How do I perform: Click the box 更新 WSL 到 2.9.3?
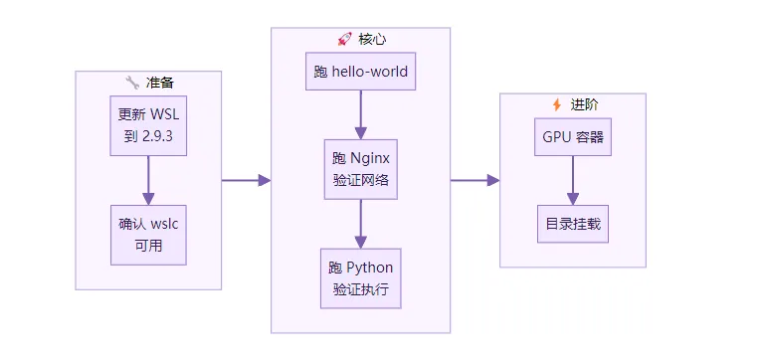pos(148,125)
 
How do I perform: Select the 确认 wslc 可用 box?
pos(148,235)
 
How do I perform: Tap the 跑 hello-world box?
pos(361,72)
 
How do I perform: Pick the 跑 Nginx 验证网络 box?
pos(361,169)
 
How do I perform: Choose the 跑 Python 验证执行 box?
pos(361,278)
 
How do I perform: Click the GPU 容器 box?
pos(573,136)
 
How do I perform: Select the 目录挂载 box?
pos(573,224)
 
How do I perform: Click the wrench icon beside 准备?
pos(132,83)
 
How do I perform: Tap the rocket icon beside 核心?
pos(344,39)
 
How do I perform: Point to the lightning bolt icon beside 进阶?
pos(557,104)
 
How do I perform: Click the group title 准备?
pos(159,83)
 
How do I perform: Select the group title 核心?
pos(372,39)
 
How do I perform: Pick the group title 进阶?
pos(584,104)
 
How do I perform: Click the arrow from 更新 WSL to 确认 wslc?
pos(148,180)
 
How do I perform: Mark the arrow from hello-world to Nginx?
pos(361,114)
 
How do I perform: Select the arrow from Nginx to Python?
pos(361,224)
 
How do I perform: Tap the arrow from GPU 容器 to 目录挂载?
pos(573,180)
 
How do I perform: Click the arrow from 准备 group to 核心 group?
pos(247,180)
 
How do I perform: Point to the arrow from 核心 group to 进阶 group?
pos(475,180)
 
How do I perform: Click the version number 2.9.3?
pos(157,136)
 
